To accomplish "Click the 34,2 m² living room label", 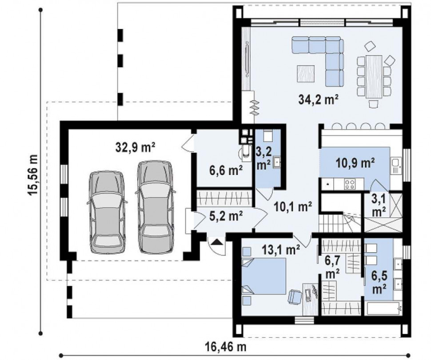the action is tap(318, 100).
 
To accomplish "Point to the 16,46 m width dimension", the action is tap(225, 347).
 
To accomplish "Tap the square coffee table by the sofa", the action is tap(306, 73).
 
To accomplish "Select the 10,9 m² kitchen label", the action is tap(355, 163).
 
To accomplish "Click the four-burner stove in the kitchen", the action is tap(350, 183).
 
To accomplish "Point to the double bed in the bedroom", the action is tap(263, 276).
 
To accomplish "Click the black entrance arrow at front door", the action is tap(217, 242).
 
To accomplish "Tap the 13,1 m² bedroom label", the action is tap(280, 250).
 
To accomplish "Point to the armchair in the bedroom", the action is tap(295, 298).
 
